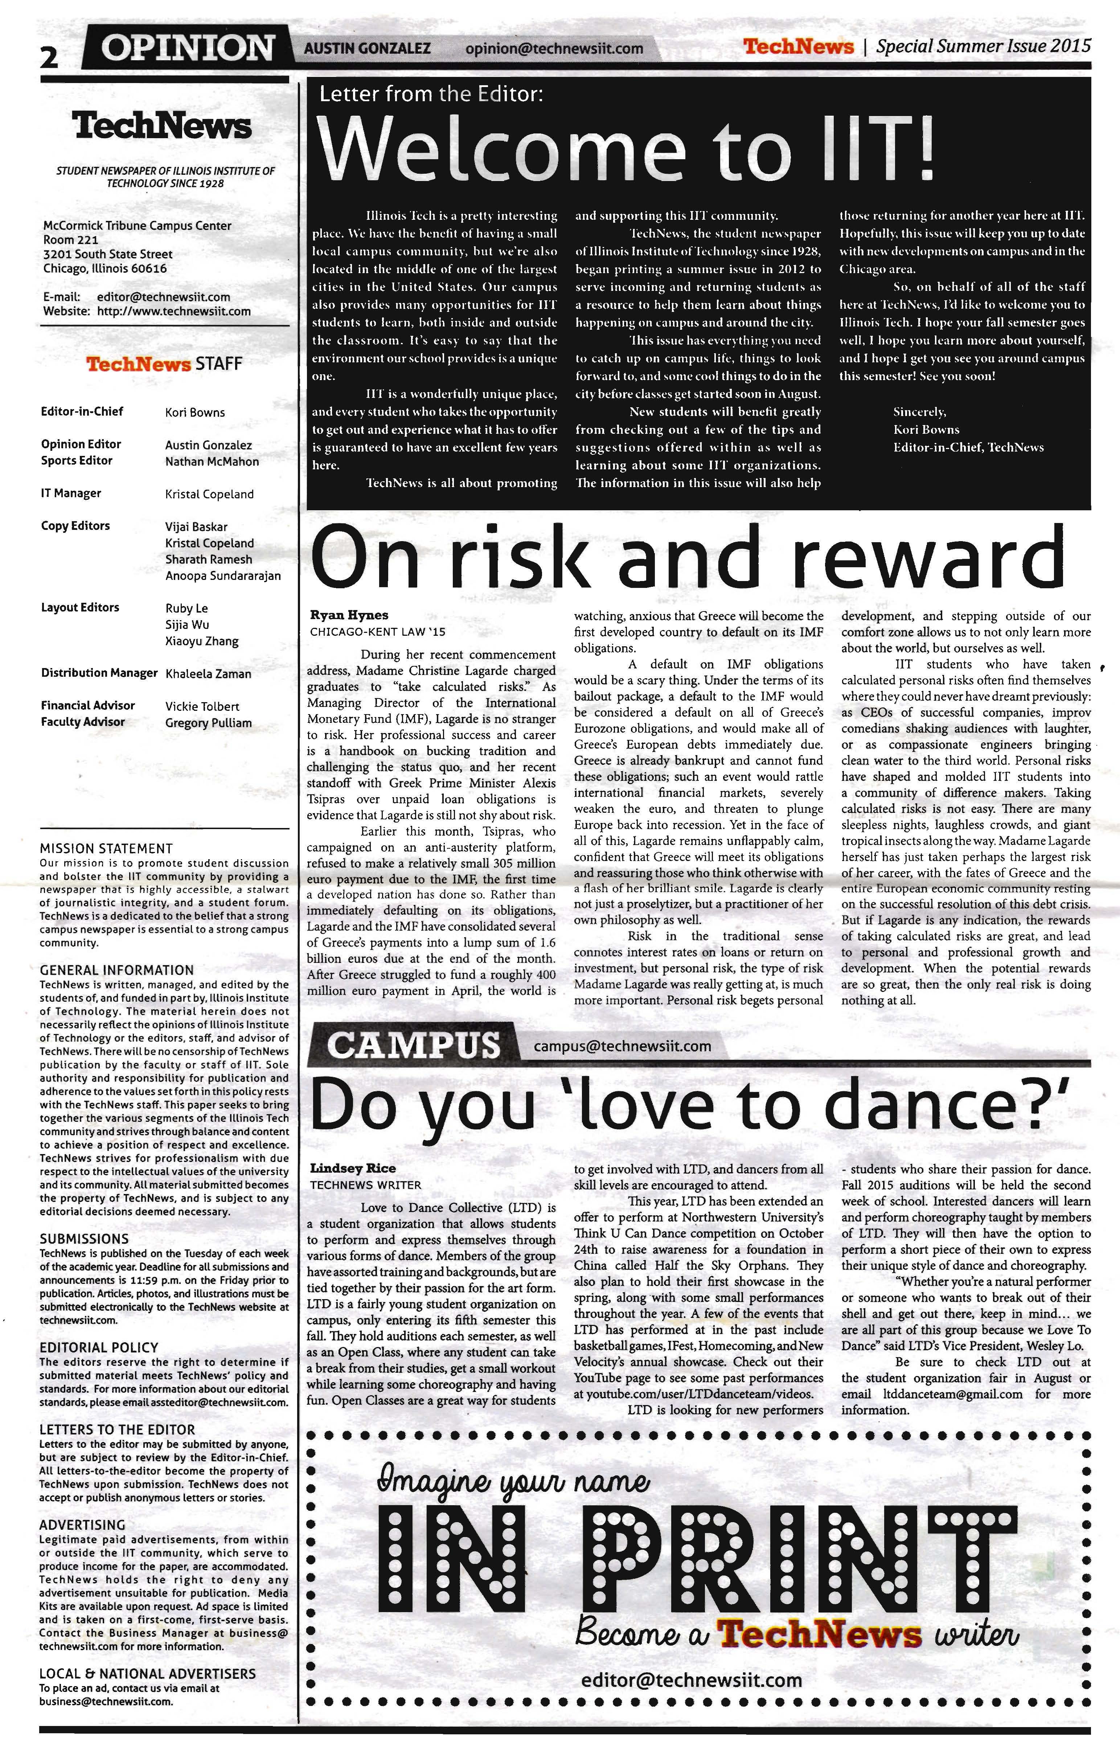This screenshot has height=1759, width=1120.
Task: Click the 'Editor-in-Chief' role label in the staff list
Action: [82, 411]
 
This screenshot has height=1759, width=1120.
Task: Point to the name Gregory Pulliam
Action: [208, 723]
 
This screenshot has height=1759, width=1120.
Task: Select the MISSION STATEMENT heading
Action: [106, 849]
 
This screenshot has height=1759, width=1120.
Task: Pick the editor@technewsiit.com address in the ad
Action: [691, 1680]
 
